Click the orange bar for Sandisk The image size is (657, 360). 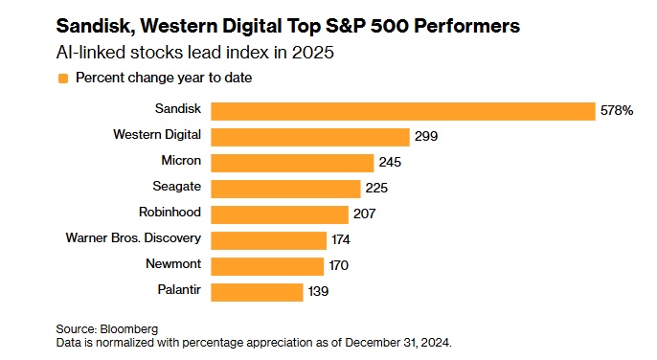(x=402, y=111)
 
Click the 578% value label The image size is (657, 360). (x=618, y=111)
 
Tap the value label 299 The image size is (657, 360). (x=426, y=137)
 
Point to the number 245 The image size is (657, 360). (x=390, y=163)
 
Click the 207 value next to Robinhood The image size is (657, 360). (x=365, y=214)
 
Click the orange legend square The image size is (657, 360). (x=63, y=79)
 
